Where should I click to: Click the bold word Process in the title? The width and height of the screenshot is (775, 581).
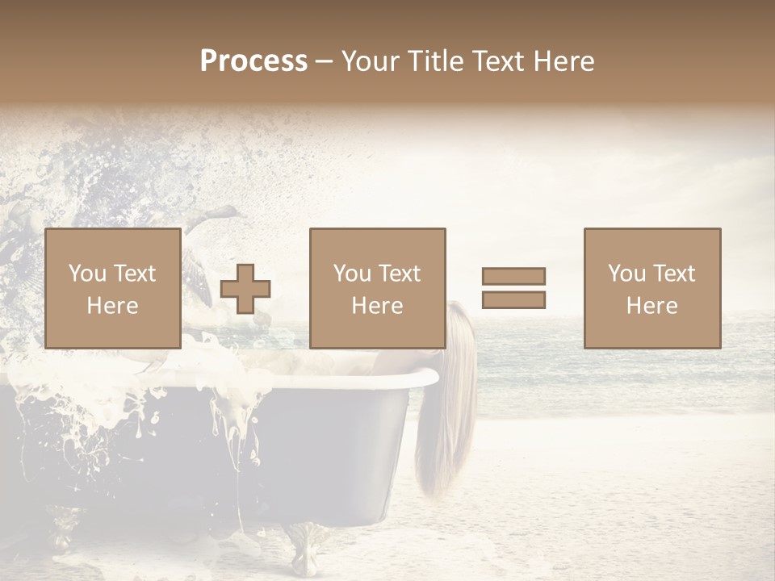253,61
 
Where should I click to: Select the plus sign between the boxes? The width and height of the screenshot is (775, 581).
245,289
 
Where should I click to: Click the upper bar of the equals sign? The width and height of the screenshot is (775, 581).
513,276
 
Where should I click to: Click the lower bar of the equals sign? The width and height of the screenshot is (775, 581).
513,300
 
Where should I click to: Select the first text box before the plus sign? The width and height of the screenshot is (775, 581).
112,288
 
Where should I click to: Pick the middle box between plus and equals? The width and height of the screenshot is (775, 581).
377,288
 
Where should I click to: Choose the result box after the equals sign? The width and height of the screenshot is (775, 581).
651,288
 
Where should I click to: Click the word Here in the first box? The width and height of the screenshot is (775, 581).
112,306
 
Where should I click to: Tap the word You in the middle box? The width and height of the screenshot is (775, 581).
352,274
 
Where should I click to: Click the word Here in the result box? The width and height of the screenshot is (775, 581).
651,306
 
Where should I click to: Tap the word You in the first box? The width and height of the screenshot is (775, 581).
87,274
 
